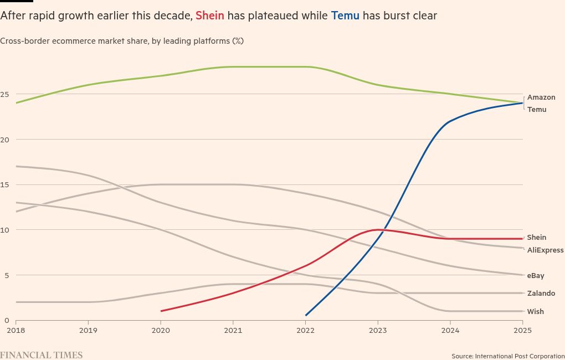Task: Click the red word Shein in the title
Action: tap(210, 16)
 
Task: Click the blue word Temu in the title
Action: tap(345, 16)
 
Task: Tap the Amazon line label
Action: tap(541, 97)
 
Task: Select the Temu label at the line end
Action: tap(536, 110)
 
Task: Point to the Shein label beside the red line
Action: tap(536, 238)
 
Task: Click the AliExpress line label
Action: tap(545, 250)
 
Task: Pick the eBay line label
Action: tap(536, 275)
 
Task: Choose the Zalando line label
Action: tap(541, 294)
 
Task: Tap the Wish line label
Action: tap(535, 312)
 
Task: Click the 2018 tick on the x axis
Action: tap(16, 331)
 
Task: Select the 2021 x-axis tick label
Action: tap(233, 331)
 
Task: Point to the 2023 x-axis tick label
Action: tap(378, 331)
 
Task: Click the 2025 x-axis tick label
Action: tap(522, 331)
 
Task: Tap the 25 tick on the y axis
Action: tap(5, 95)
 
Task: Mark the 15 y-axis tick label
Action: tap(5, 185)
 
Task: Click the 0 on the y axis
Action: tap(7, 321)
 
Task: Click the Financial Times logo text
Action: tap(41, 355)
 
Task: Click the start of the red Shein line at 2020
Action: tap(161, 311)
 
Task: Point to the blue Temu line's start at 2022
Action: tap(306, 316)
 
